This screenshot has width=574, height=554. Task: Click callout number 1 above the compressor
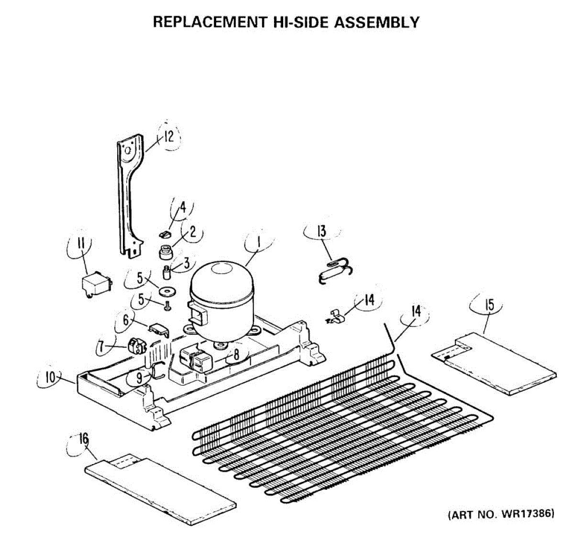pos(258,243)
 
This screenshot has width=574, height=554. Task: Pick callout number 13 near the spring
pos(321,232)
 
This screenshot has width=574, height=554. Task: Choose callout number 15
pos(490,305)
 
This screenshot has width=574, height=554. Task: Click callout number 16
pos(84,438)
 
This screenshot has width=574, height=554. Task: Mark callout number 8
pos(236,355)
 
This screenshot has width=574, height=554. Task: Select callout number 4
pos(182,209)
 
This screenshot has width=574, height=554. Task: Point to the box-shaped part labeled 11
pos(95,285)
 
